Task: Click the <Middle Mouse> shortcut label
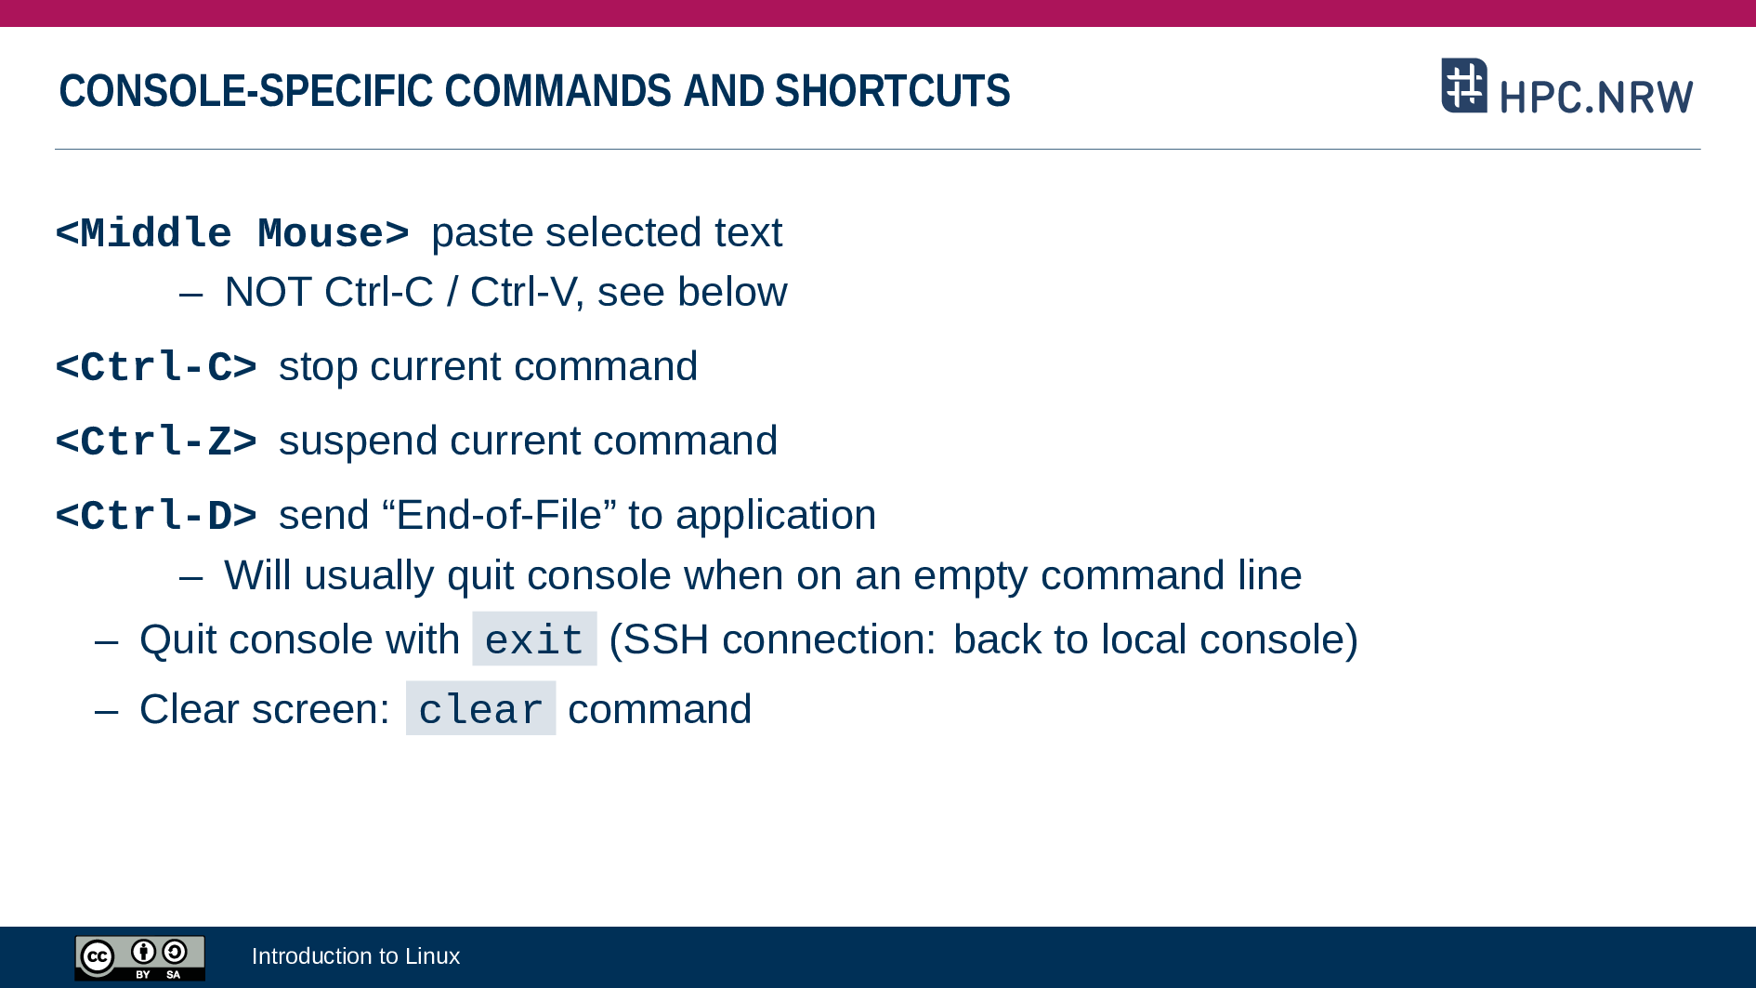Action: coord(232,233)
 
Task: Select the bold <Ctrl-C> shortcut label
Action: coord(156,367)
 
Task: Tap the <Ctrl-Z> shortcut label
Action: coord(156,441)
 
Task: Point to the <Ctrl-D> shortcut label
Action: coord(156,516)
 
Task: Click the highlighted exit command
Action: coord(534,639)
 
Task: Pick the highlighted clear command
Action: coord(480,709)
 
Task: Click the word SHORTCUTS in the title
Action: coord(892,91)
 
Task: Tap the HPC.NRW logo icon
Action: coord(1464,86)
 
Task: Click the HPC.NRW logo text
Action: coord(1596,97)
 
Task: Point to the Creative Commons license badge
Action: coord(140,958)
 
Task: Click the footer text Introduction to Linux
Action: coord(356,956)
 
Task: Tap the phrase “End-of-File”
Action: coord(499,515)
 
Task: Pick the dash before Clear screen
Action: coord(107,711)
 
